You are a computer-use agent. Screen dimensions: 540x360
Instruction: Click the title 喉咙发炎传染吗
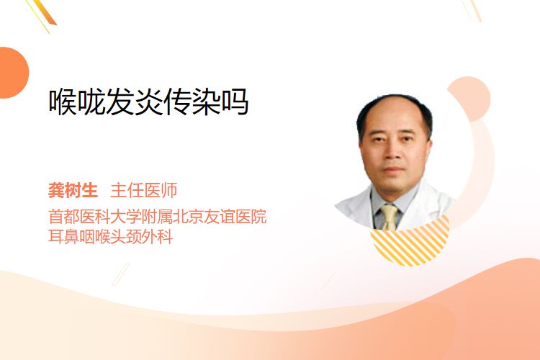[x=148, y=102]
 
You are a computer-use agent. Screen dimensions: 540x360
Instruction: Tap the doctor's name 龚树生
[x=73, y=191]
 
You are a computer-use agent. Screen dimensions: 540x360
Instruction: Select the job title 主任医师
[x=144, y=191]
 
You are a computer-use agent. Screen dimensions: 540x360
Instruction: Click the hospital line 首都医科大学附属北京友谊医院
[x=158, y=217]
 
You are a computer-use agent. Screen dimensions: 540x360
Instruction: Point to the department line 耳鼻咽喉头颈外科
[x=111, y=237]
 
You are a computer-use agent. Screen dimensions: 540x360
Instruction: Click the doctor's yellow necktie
[x=390, y=217]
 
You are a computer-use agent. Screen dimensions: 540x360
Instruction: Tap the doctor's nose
[x=392, y=153]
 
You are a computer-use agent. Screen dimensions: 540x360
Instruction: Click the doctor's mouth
[x=392, y=169]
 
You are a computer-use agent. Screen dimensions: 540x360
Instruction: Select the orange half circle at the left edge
[x=13, y=73]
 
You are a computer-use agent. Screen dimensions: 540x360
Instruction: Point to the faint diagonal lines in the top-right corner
[x=472, y=10]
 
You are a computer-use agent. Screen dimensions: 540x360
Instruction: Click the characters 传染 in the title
[x=192, y=102]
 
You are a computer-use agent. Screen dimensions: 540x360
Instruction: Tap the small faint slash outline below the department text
[x=121, y=274]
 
